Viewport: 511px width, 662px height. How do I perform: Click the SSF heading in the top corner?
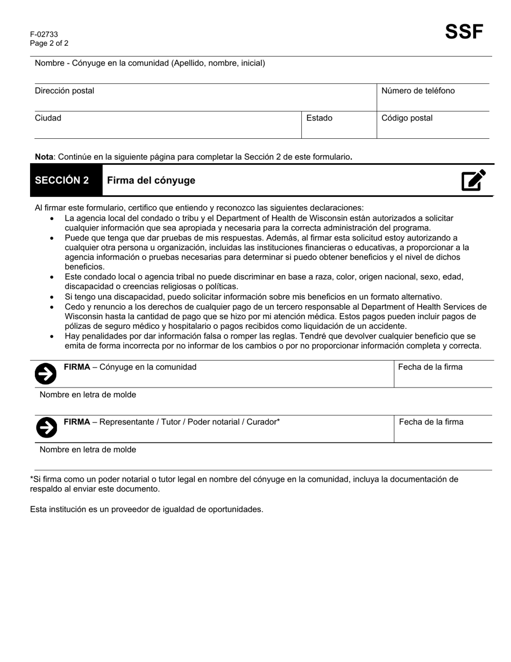coord(464,32)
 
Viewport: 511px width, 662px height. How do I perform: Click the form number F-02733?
coord(44,34)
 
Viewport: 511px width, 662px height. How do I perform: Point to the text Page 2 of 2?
coord(49,44)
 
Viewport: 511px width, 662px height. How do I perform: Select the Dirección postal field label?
coord(65,91)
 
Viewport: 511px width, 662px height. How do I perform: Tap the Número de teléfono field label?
coord(418,91)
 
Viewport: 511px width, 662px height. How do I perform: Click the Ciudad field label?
coord(48,118)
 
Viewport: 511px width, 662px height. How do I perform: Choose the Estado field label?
coord(320,118)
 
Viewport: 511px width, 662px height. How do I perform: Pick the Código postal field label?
coord(407,118)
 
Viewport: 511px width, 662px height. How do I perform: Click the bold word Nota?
coord(44,157)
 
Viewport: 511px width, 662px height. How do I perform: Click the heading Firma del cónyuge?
coord(151,181)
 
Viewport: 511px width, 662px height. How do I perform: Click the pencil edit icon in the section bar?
coord(473,180)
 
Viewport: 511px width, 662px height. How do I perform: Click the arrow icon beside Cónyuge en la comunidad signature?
coord(46,374)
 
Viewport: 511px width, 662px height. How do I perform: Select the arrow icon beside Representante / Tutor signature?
coord(46,428)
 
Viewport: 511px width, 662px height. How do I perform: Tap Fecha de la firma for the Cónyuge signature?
coord(430,368)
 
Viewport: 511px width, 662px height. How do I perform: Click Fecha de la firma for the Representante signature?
coord(431,422)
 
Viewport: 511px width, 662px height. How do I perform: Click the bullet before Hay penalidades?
coord(52,336)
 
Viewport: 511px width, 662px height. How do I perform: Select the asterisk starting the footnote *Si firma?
coord(32,478)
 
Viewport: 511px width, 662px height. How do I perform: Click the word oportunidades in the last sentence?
coord(236,509)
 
